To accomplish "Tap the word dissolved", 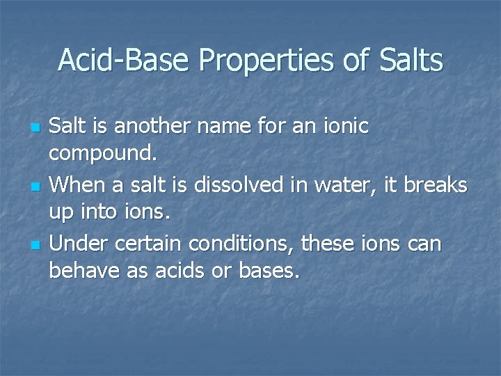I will coord(230,185).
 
